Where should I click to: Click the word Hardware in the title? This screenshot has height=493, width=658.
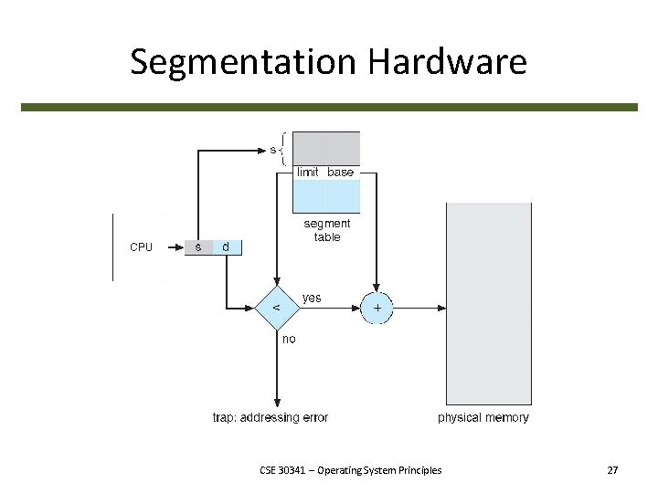pyautogui.click(x=447, y=62)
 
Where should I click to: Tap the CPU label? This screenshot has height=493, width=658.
pyautogui.click(x=142, y=246)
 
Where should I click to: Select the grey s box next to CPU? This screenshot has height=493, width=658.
pyautogui.click(x=198, y=246)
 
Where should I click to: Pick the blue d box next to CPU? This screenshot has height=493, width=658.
pyautogui.click(x=227, y=246)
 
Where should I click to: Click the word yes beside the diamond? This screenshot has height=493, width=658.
pyautogui.click(x=312, y=298)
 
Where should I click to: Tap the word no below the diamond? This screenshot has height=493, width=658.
pyautogui.click(x=289, y=339)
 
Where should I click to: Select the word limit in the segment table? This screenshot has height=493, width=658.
pyautogui.click(x=307, y=172)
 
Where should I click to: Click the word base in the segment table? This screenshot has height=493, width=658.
pyautogui.click(x=340, y=172)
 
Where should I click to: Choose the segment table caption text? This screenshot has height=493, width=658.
pyautogui.click(x=326, y=230)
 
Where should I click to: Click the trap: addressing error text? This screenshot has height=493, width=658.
pyautogui.click(x=270, y=417)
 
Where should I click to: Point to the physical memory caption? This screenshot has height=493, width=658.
pyautogui.click(x=483, y=417)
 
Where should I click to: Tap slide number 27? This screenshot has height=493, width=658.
pyautogui.click(x=612, y=470)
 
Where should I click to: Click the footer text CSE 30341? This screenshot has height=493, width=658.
pyautogui.click(x=350, y=470)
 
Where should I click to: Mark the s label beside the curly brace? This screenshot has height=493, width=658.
pyautogui.click(x=272, y=148)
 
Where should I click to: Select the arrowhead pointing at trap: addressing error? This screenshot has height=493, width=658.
pyautogui.click(x=277, y=403)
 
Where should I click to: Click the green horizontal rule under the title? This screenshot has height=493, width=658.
pyautogui.click(x=329, y=107)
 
